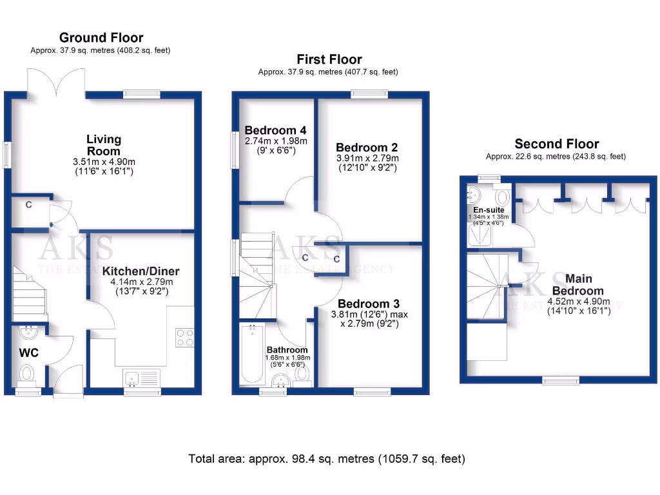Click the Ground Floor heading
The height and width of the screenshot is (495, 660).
101,37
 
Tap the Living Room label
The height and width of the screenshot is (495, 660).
104,145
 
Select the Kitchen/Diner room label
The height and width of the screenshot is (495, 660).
141,271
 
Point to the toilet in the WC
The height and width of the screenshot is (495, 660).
28,373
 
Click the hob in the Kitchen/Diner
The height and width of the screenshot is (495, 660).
185,338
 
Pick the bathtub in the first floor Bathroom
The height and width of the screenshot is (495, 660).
251,354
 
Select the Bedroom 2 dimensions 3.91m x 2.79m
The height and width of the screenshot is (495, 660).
367,158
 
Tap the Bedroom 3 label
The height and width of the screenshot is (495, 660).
369,304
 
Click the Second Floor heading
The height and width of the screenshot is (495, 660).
557,144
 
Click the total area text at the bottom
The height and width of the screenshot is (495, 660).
326,459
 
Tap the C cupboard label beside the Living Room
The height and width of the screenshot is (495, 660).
28,205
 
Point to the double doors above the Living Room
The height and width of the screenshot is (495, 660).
56,82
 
